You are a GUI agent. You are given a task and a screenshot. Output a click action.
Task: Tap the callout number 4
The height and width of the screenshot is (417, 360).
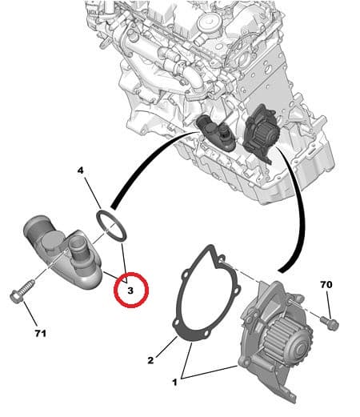pyautogui.click(x=81, y=170)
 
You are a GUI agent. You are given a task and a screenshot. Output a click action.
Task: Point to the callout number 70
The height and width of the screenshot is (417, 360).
pyautogui.click(x=326, y=285)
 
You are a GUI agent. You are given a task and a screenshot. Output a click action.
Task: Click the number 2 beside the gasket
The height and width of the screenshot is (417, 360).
pyautogui.click(x=150, y=361)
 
